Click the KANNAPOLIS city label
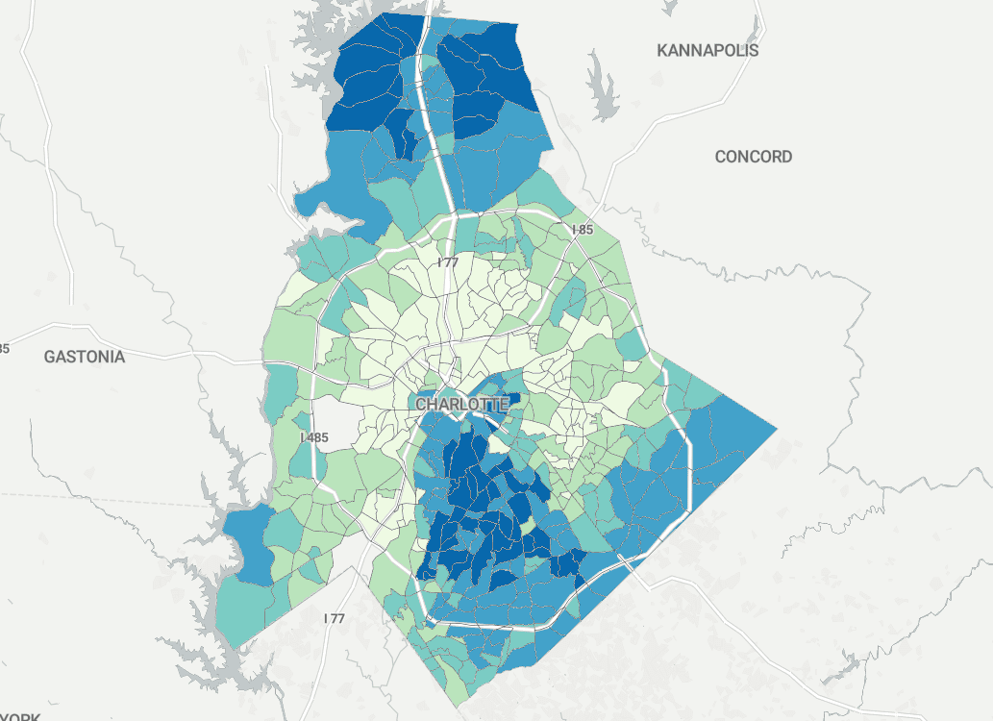(708, 50)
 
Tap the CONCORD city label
(754, 157)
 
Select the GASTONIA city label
(85, 357)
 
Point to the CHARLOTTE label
(461, 405)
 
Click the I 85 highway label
(583, 230)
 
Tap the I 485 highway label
(314, 437)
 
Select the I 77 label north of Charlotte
(448, 261)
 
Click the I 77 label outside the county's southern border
(334, 618)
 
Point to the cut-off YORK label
(19, 716)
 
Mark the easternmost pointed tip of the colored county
(775, 426)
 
